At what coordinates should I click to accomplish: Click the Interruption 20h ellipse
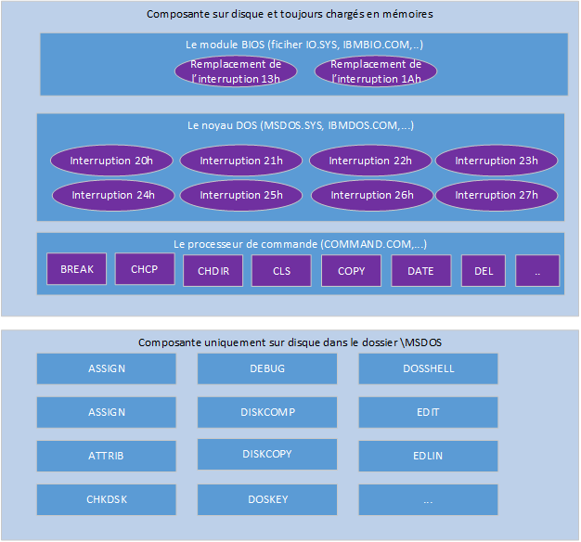click(x=113, y=161)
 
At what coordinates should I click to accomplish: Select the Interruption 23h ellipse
click(x=497, y=161)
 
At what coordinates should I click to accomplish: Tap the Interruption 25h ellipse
click(x=241, y=195)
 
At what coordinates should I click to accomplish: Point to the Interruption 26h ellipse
click(x=370, y=195)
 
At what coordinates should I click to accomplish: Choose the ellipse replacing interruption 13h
click(x=236, y=71)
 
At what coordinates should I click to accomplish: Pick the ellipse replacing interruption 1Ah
click(x=376, y=71)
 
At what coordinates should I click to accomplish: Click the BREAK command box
click(x=77, y=269)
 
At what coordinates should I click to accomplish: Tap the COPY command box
click(x=351, y=271)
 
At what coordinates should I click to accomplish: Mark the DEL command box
click(x=484, y=270)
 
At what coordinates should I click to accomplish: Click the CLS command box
click(x=282, y=271)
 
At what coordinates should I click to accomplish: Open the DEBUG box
click(x=267, y=368)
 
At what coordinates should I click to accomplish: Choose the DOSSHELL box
click(x=428, y=368)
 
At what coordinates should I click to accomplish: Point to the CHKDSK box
click(x=107, y=499)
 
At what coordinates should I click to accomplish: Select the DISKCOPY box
click(x=267, y=455)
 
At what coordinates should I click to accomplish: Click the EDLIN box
click(x=428, y=456)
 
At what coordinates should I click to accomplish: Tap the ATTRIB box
click(x=107, y=456)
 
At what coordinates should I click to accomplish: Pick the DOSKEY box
click(x=267, y=499)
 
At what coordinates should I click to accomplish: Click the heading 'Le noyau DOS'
click(x=301, y=124)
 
